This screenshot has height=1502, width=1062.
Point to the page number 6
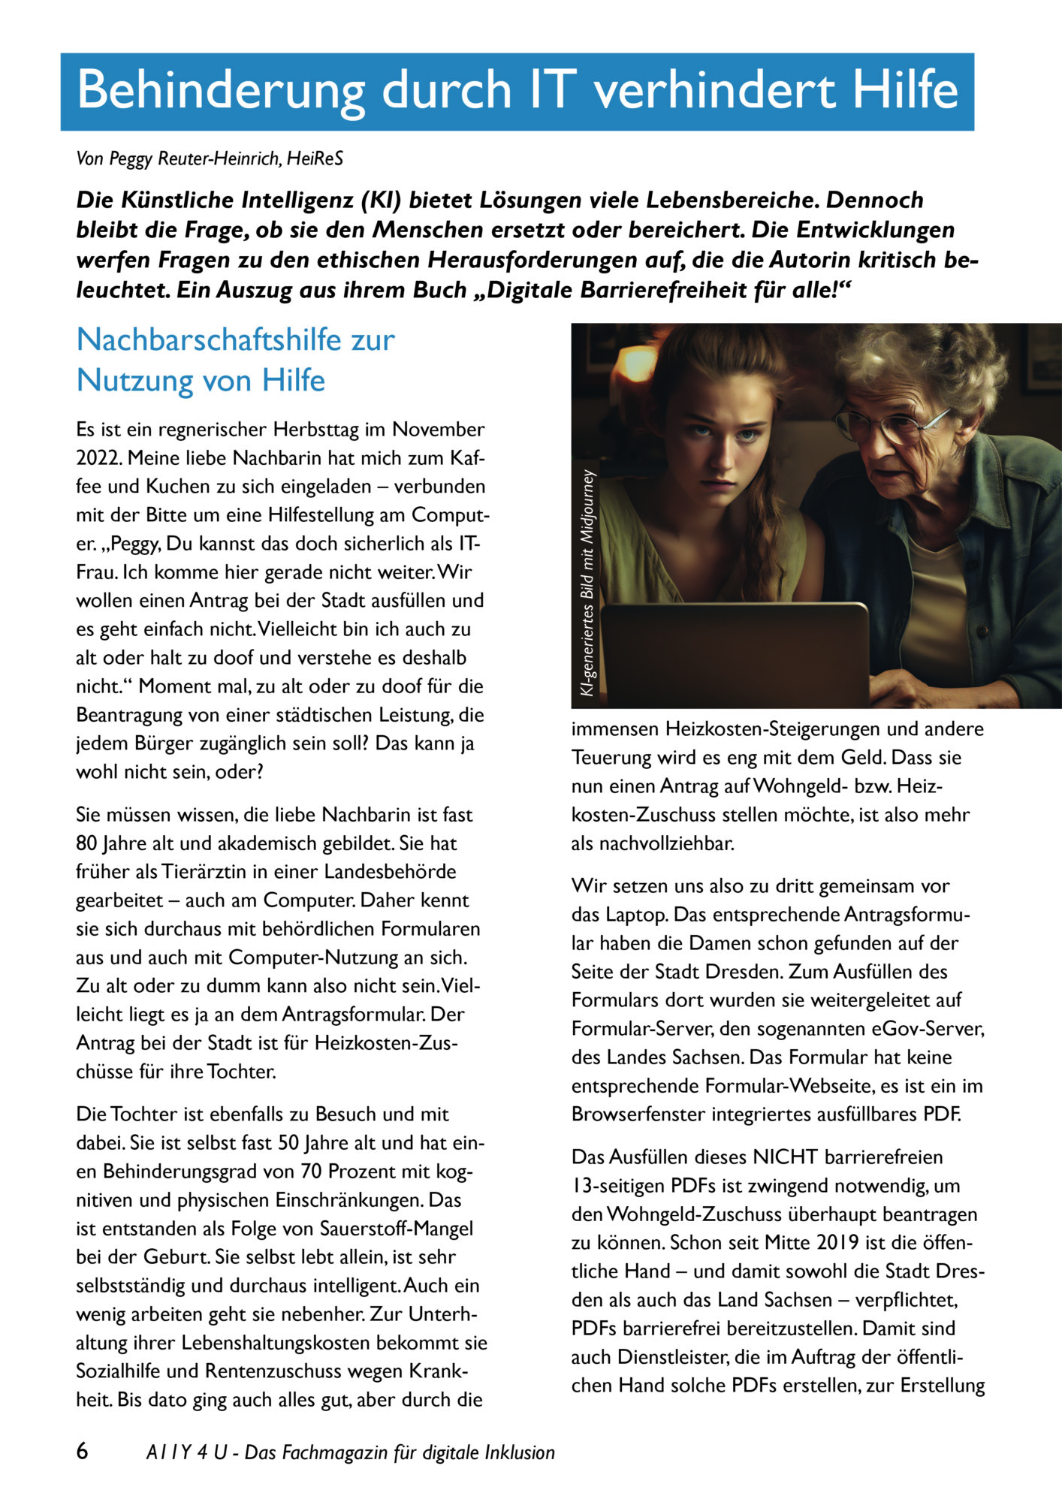click(83, 1451)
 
